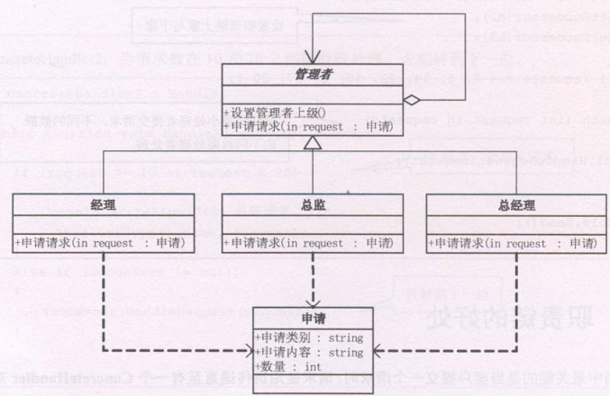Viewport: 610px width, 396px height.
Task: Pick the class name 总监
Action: [311, 204]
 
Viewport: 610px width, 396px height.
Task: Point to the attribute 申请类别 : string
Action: [309, 337]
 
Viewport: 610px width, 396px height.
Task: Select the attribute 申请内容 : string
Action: [309, 352]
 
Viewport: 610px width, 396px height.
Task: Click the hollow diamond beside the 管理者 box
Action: [411, 100]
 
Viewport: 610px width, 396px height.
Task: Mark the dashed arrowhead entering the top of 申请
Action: [312, 301]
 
